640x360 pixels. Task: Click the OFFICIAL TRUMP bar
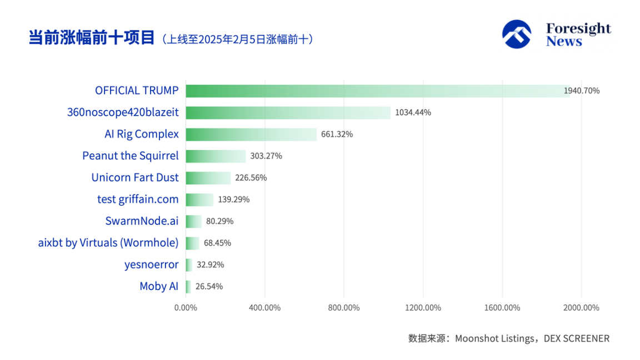tap(378, 91)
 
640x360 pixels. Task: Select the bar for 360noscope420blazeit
tap(288, 113)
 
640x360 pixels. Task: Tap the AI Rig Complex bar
tap(251, 134)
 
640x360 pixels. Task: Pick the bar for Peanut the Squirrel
tap(216, 156)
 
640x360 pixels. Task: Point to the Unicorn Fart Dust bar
tap(208, 178)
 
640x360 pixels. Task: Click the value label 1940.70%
tap(582, 91)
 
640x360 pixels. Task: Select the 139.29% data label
tap(233, 199)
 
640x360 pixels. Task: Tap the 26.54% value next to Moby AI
tap(209, 287)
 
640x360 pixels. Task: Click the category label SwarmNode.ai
tap(142, 221)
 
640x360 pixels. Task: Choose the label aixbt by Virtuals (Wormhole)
tap(108, 243)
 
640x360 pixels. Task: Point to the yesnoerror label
tap(151, 264)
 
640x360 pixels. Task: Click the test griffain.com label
tap(138, 199)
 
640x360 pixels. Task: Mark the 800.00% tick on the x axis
tap(344, 308)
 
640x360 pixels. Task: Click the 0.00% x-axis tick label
tap(186, 308)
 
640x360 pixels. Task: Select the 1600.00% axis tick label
tap(502, 308)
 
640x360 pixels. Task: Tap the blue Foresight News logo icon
tap(517, 34)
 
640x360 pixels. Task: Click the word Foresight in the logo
tap(578, 28)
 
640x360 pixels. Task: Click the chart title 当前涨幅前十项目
tap(92, 38)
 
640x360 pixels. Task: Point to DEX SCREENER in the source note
tap(576, 338)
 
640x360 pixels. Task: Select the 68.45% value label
tap(217, 243)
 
